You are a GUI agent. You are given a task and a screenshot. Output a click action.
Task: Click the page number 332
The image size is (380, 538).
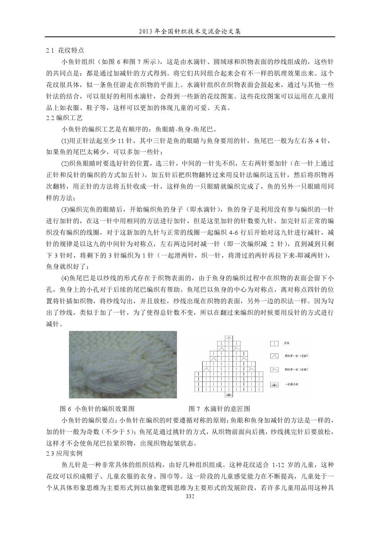190,496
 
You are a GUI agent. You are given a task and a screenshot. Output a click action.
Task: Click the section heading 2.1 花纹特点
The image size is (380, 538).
65,50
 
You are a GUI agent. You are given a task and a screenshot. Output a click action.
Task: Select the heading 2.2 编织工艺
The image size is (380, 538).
64,118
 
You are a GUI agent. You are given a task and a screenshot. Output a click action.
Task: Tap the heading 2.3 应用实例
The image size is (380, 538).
64,453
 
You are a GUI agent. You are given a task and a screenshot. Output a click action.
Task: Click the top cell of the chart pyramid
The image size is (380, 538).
228,338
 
